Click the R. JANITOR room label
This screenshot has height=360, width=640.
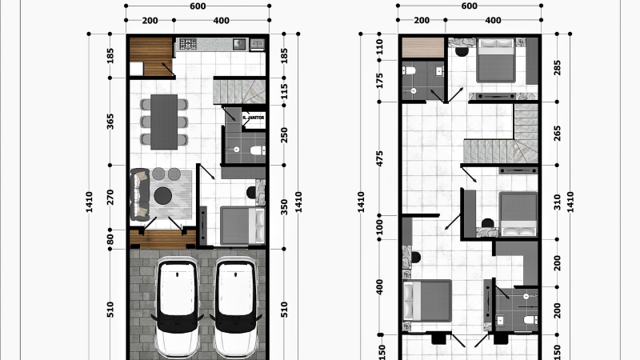coord(254,118)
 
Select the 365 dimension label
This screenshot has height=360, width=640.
coord(110,122)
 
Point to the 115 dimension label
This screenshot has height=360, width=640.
coord(285,91)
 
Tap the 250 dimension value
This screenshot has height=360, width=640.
coord(285,135)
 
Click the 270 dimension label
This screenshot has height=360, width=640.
coord(110,198)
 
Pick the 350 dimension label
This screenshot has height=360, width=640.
coord(285,207)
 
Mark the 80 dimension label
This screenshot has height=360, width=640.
coord(110,238)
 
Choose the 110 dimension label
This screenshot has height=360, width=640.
coord(380,47)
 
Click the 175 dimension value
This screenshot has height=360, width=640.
coord(380,81)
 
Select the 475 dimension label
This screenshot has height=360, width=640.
coord(380,158)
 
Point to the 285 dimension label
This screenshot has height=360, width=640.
coord(558,68)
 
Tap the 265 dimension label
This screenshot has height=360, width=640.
coord(558,134)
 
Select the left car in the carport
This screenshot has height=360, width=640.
coord(178,308)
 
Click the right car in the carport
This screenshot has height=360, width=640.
coord(235,308)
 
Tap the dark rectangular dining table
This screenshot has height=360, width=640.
coord(164,122)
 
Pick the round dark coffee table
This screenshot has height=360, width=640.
coord(163,196)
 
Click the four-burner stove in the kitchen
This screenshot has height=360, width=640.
coord(188,43)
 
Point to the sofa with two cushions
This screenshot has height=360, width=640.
coord(139,194)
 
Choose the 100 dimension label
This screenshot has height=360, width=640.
coord(380,227)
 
